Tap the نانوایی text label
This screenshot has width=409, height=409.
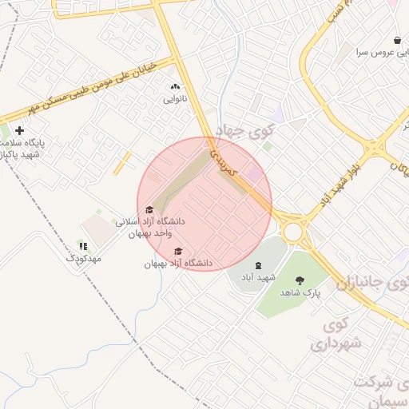175,100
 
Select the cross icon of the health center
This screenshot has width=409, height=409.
19,129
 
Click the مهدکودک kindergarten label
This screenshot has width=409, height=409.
85,259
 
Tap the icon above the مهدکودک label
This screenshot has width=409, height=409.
83,246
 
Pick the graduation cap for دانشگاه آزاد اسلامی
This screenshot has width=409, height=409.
149,210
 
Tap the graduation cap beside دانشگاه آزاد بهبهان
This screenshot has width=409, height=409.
177,252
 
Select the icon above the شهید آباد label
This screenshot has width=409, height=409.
257,265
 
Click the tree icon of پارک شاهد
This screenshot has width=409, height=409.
300,280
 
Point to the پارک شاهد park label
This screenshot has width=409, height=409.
300,293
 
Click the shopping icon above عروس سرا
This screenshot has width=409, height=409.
397,40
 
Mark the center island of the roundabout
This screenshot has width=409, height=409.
292,232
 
